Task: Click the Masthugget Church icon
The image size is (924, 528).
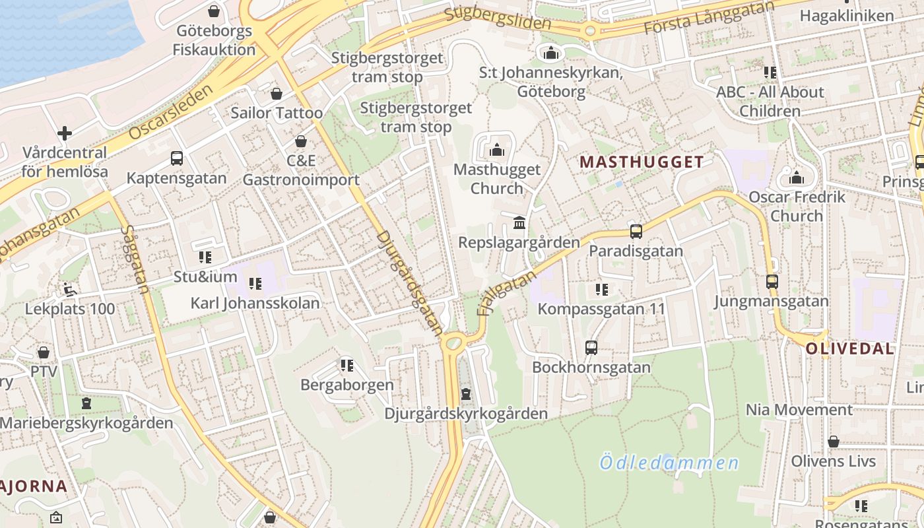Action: (x=497, y=150)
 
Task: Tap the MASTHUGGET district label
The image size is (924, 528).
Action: (x=642, y=162)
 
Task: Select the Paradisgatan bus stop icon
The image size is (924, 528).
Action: (x=636, y=232)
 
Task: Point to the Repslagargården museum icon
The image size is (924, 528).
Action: (x=519, y=222)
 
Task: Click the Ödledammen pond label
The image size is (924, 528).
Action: (x=669, y=462)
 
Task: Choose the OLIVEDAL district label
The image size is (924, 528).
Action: (x=850, y=348)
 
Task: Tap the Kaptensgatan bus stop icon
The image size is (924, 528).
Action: (x=176, y=158)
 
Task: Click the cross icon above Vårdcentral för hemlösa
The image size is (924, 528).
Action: (x=65, y=133)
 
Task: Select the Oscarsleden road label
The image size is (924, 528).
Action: (x=171, y=112)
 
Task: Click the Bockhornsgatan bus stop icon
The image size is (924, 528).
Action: (x=591, y=347)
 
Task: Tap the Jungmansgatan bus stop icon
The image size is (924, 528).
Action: (x=772, y=282)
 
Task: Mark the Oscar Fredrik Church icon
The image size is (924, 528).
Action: (x=797, y=178)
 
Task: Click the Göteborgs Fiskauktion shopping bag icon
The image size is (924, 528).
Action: (x=213, y=11)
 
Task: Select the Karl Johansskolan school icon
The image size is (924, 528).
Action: (x=255, y=284)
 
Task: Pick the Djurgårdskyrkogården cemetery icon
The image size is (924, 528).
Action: (x=466, y=394)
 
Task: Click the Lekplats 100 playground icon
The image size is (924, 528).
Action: (x=69, y=289)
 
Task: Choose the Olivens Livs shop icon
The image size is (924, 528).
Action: (x=833, y=442)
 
